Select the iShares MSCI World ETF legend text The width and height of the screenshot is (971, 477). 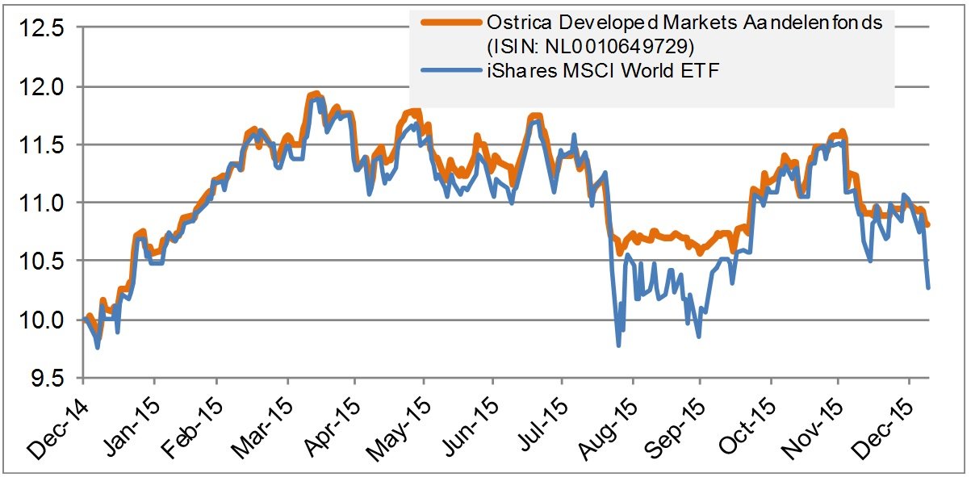click(x=601, y=70)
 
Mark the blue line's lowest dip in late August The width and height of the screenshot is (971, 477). click(x=619, y=345)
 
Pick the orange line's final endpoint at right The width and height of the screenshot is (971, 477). click(x=928, y=225)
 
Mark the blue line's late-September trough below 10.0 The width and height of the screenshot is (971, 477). click(x=698, y=337)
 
